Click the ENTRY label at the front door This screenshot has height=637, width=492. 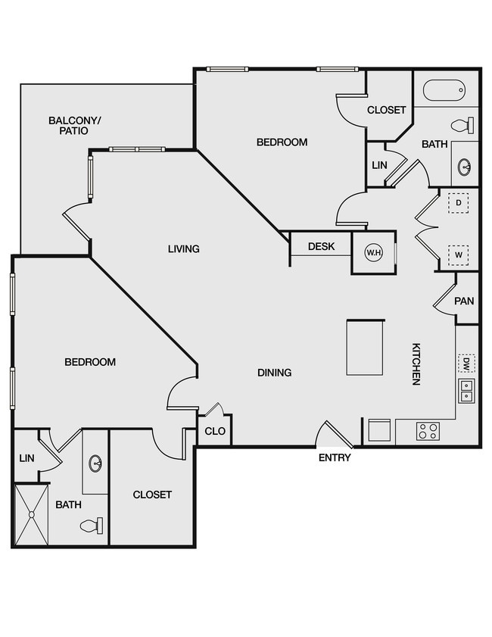[335, 457]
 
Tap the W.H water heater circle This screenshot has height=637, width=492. [373, 253]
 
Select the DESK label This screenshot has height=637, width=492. [322, 247]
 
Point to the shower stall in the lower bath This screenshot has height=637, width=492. [31, 515]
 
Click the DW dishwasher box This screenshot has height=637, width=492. [466, 364]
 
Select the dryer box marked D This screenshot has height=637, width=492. [459, 203]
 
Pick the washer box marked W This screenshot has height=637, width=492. [459, 255]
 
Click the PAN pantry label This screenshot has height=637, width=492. [464, 301]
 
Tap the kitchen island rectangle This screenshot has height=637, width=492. [366, 347]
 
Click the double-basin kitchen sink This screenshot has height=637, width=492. [466, 391]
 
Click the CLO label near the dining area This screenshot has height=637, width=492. [215, 432]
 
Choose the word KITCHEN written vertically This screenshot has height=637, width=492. [416, 364]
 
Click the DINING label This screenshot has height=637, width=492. [275, 373]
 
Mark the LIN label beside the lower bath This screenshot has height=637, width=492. [26, 458]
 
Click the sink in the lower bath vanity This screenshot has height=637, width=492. [96, 462]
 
